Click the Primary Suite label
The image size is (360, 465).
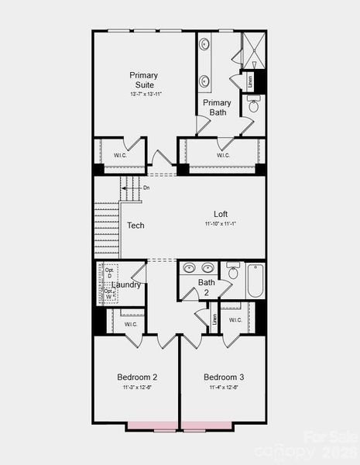[x=144, y=80]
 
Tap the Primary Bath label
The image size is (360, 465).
[x=217, y=107]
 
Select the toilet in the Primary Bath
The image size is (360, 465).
[x=253, y=105]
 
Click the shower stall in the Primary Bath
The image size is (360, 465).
[x=252, y=50]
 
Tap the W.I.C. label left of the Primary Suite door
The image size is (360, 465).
[x=121, y=154]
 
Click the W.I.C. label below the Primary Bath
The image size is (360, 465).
[x=223, y=155]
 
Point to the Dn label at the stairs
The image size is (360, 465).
[x=146, y=188]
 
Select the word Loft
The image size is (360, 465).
[x=221, y=214]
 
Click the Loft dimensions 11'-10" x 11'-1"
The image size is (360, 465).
[x=221, y=224]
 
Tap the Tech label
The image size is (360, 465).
[x=136, y=226]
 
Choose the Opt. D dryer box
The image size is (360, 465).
[x=109, y=273]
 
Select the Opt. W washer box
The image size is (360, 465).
[x=109, y=294]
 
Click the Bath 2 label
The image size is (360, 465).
[x=207, y=288]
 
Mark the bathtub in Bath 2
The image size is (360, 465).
[x=255, y=281]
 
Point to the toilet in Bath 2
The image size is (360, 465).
[x=233, y=272]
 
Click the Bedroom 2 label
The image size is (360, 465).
[x=137, y=377]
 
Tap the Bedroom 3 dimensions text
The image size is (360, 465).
[x=224, y=387]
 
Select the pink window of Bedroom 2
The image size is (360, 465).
[x=153, y=425]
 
